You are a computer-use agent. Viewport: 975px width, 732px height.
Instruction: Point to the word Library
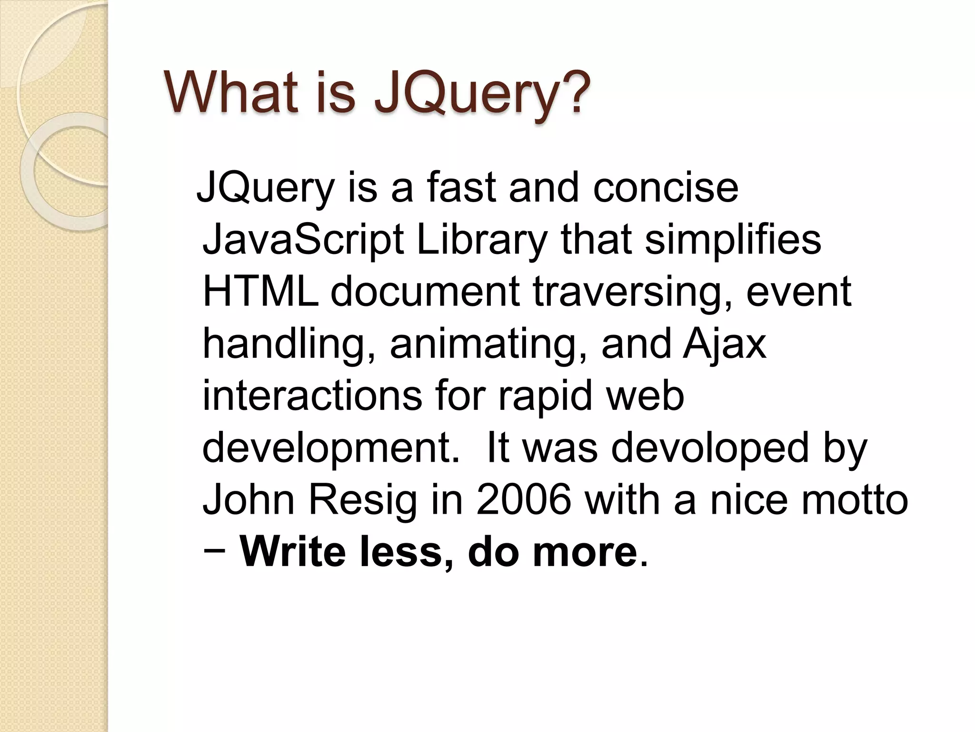tap(481, 241)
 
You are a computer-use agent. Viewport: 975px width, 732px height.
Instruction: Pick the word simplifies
tap(733, 241)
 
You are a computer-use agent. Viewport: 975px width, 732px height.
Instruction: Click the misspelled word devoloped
tap(709, 450)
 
